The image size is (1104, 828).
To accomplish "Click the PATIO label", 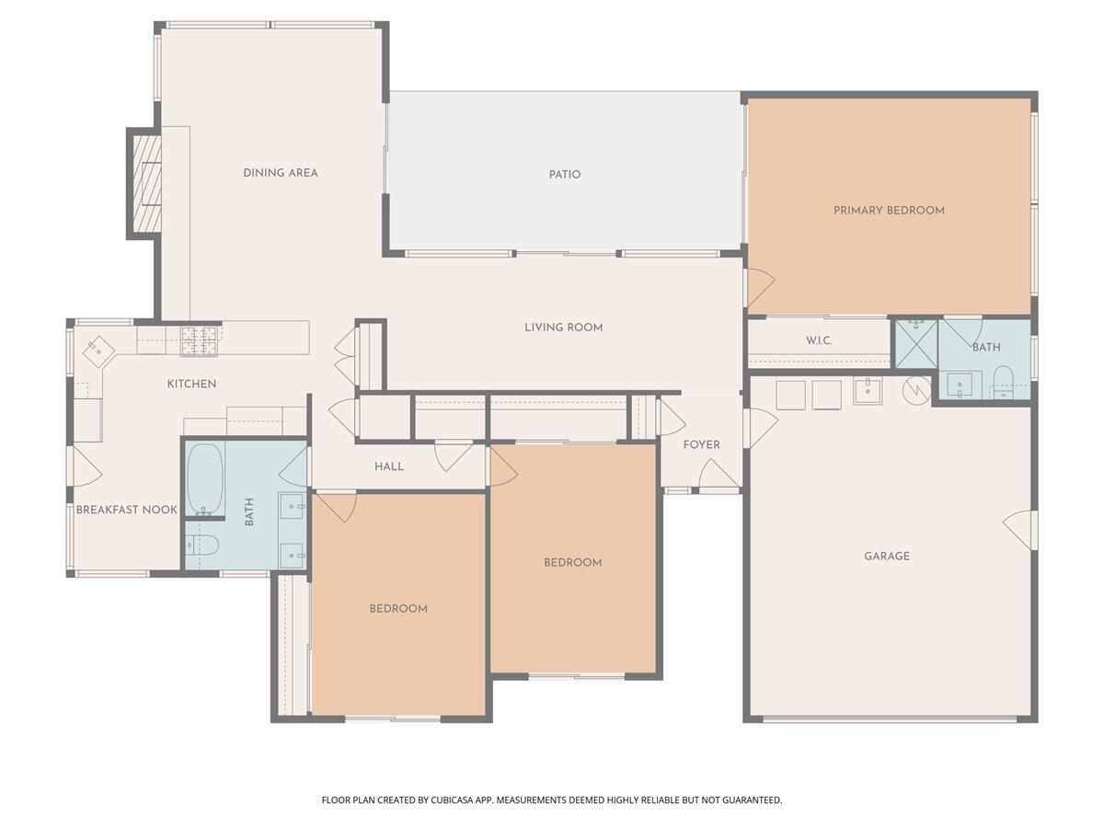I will pos(565,174).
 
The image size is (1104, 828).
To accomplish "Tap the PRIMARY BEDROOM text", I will pos(889,211).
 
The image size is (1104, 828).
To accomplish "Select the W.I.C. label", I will pos(819,340).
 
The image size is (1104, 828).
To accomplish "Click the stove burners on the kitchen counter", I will pos(199,341).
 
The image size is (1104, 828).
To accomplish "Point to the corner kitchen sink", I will pos(98,351).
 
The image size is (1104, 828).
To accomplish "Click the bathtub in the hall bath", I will pos(205,479).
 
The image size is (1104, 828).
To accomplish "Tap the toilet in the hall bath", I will pos(204,546).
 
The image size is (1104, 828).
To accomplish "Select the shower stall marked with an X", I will pos(915,343).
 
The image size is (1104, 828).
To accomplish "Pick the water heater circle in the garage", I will pos(916,391).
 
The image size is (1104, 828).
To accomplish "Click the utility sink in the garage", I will pos(867,391).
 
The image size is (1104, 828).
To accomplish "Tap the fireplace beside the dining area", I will pos(145,183).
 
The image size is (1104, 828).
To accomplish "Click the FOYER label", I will pos(701,445).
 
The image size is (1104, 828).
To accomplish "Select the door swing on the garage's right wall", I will pos(1019,530).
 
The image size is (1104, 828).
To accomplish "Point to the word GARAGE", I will pos(887,556).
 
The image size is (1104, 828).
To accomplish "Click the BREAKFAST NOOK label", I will pos(126,510).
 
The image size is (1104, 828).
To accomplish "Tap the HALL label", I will pos(389,467).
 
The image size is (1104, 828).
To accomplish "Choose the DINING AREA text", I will pos(281,173).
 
